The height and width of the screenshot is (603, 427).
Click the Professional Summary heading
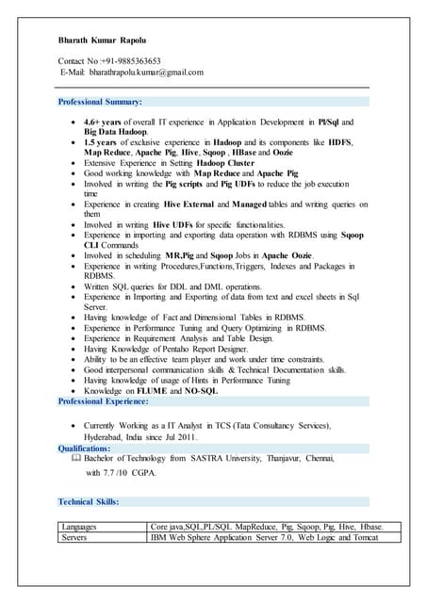(100, 101)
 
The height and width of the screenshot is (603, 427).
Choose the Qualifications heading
(90, 448)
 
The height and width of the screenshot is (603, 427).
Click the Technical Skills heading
(89, 501)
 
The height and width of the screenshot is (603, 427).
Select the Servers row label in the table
(74, 537)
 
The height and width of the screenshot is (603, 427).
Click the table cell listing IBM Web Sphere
(264, 537)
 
